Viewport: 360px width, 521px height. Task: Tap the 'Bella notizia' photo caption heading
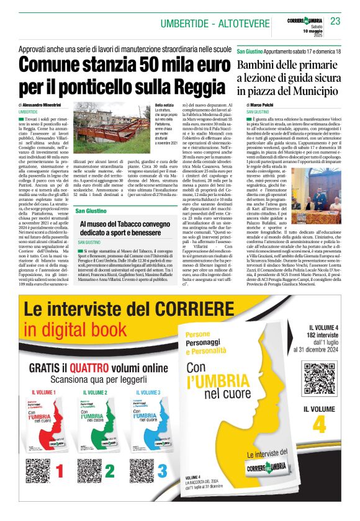[x=164, y=106]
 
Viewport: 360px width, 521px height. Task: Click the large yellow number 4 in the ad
[x=319, y=425]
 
